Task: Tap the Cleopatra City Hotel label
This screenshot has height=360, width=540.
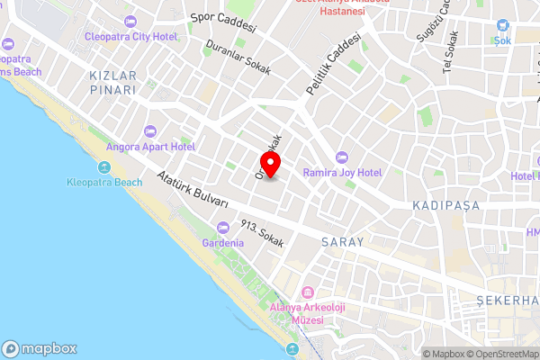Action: [x=141, y=36]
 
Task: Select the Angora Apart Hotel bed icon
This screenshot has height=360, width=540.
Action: [x=150, y=132]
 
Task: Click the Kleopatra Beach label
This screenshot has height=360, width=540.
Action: [x=104, y=182]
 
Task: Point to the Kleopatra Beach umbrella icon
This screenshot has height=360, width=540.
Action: [x=104, y=167]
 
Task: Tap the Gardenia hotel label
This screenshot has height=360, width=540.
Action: [x=224, y=243]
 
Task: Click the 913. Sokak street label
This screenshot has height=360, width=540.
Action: [x=263, y=235]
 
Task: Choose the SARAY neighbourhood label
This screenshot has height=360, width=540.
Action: [x=342, y=242]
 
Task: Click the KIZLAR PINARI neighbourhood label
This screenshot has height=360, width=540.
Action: [x=112, y=83]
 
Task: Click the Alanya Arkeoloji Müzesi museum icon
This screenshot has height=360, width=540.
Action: [x=308, y=293]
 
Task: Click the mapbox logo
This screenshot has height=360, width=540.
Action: [x=40, y=348]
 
